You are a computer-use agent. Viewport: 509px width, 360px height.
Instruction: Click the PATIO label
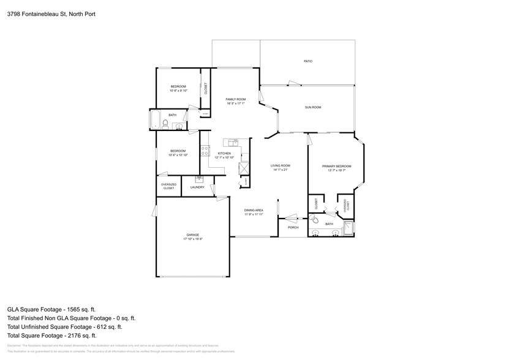pyautogui.click(x=308, y=61)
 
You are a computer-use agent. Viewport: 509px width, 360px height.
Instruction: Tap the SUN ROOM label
pyautogui.click(x=313, y=107)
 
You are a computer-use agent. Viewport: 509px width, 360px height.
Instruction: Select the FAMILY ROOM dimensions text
pyautogui.click(x=235, y=103)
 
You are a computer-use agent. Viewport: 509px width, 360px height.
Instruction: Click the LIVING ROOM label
pyautogui.click(x=281, y=165)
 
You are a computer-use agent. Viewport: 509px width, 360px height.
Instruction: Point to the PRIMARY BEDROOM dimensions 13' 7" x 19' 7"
pyautogui.click(x=336, y=170)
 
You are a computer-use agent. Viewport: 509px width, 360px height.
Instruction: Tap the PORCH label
pyautogui.click(x=293, y=227)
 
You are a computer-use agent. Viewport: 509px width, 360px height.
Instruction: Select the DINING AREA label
pyautogui.click(x=254, y=210)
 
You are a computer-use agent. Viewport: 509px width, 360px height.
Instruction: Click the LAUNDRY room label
pyautogui.click(x=197, y=187)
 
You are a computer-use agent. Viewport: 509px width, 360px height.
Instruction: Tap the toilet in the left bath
pyautogui.click(x=165, y=124)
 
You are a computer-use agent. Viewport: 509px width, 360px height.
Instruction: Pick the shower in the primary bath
pyautogui.click(x=348, y=228)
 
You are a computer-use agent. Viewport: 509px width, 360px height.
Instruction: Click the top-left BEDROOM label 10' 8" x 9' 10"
pyautogui.click(x=178, y=89)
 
